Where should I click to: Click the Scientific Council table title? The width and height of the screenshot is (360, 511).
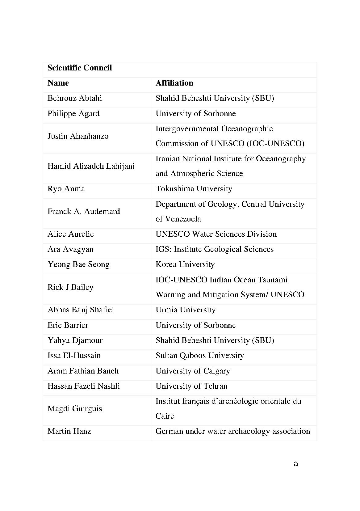(x=80, y=68)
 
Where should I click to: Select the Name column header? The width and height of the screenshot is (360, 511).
(x=58, y=83)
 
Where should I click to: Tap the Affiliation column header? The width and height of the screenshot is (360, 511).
(x=174, y=83)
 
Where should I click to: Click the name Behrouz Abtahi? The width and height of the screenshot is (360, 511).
(x=74, y=98)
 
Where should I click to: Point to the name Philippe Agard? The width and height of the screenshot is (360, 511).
(x=73, y=114)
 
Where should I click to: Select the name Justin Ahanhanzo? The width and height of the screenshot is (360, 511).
(x=78, y=136)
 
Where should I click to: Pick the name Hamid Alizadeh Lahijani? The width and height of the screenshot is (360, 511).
(x=91, y=166)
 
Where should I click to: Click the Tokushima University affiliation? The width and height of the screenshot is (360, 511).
(x=194, y=189)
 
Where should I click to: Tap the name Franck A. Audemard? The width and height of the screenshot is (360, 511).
(x=84, y=212)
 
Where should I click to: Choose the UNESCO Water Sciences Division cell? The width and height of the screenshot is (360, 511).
(x=216, y=234)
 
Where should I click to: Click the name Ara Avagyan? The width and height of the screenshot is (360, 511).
(x=70, y=249)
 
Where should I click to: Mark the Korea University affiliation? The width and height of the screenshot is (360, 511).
(x=185, y=264)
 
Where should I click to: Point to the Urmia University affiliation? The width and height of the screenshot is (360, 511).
(x=185, y=310)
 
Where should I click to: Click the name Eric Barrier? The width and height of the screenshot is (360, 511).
(x=68, y=325)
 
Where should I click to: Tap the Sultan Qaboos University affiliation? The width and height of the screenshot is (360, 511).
(x=199, y=356)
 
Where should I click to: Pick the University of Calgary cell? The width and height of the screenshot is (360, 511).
(x=193, y=371)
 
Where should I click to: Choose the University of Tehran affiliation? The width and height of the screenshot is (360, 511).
(x=191, y=386)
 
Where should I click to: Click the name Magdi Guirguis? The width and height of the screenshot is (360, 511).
(x=75, y=409)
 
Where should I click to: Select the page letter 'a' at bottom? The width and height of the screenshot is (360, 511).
(x=296, y=464)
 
